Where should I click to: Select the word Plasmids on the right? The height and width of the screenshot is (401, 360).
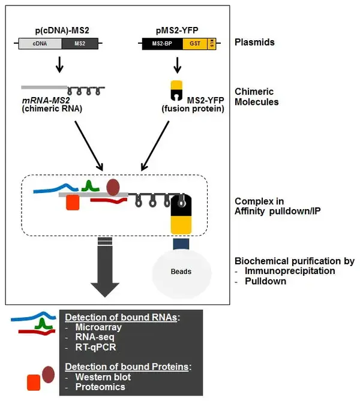[x=254, y=43]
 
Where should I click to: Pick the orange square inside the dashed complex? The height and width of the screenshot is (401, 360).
[x=73, y=203]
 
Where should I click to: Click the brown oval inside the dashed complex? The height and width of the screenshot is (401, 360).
[x=113, y=188]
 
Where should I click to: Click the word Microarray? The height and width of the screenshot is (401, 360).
[x=99, y=327]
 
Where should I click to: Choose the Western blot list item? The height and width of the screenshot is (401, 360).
[x=103, y=377]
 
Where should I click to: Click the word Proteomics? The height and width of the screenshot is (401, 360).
[x=100, y=387]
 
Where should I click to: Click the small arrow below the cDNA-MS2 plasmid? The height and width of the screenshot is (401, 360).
[x=59, y=65]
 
